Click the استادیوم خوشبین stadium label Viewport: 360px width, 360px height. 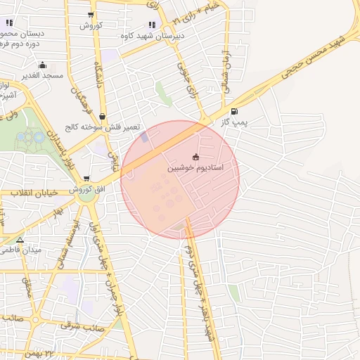click(x=195, y=169)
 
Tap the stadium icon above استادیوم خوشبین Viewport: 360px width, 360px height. click(x=195, y=157)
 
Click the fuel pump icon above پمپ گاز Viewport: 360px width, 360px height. click(x=233, y=111)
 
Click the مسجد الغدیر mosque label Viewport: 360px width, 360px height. click(x=42, y=75)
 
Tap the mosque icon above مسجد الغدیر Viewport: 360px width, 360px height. click(x=42, y=64)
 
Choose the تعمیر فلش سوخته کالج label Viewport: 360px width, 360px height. click(x=103, y=127)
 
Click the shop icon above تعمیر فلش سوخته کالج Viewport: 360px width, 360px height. click(x=103, y=117)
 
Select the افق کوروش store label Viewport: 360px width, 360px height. click(x=86, y=191)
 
